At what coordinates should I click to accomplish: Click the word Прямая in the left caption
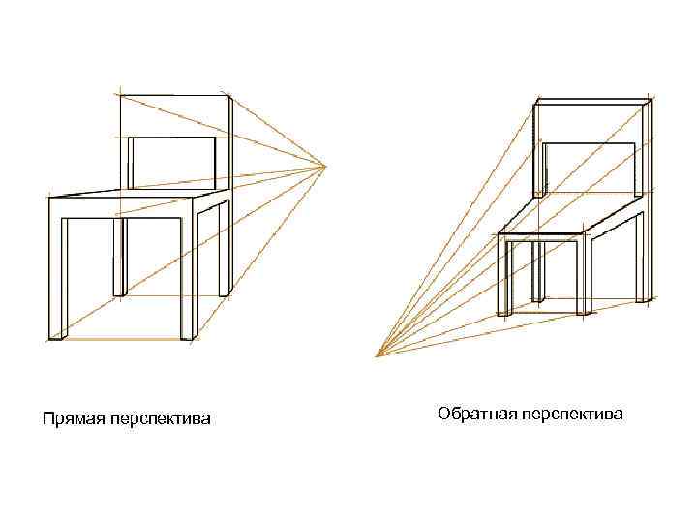coord(67,419)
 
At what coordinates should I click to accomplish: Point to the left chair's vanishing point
coord(327,167)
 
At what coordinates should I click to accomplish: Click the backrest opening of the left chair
coord(171,163)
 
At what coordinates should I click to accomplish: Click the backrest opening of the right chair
coord(591,167)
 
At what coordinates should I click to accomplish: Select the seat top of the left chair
coord(136,194)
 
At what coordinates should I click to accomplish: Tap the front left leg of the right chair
coord(506,276)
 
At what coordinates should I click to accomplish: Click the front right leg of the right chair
coord(584,276)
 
